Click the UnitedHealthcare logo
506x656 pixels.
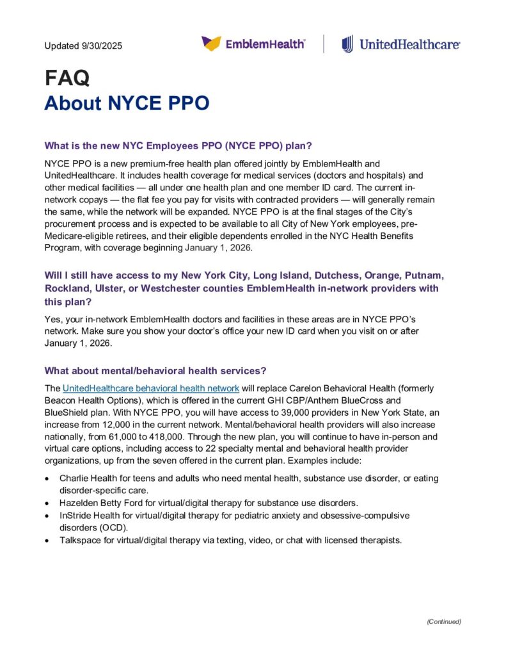tap(401, 44)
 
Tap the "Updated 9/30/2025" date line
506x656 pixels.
tap(83, 46)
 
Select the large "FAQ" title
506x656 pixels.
tap(67, 78)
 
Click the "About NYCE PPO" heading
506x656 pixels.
tap(127, 103)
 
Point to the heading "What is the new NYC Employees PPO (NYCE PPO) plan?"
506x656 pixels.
tap(178, 145)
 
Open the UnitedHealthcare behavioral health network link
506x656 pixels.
tap(151, 388)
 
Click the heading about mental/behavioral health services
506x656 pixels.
tap(155, 371)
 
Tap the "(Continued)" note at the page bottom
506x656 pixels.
tap(443, 621)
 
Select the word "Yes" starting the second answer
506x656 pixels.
tap(52, 318)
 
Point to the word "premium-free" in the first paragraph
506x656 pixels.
tap(154, 163)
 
